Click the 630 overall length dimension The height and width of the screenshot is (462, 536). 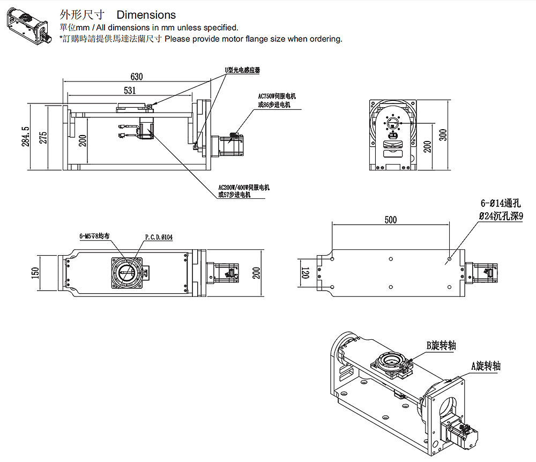[137, 76]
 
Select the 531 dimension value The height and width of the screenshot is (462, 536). [129, 89]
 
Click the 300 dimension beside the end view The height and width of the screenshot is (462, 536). [443, 135]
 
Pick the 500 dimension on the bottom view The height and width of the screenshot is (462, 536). [391, 219]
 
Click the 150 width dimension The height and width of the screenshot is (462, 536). [36, 273]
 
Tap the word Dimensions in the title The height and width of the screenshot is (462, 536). [146, 15]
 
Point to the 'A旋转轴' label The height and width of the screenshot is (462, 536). [486, 366]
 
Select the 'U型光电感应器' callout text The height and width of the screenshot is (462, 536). [242, 70]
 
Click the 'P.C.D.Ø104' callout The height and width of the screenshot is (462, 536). [159, 236]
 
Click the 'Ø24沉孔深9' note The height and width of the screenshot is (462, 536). [501, 215]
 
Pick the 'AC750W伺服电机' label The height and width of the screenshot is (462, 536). [277, 96]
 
